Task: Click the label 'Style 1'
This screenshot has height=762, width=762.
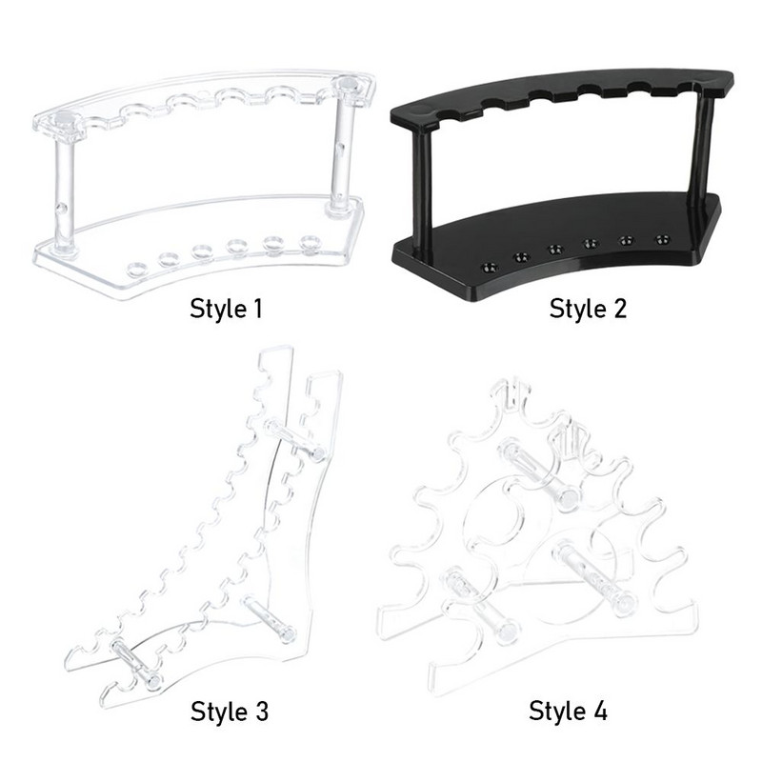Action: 226,309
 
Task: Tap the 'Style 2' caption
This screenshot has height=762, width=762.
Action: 588,309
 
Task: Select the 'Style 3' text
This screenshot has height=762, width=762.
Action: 230,712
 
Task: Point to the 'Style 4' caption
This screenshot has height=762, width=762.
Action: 568,711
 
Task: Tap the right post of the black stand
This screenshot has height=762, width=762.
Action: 701,145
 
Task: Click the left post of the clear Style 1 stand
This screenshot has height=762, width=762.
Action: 65,192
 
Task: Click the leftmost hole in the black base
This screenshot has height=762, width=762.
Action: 489,268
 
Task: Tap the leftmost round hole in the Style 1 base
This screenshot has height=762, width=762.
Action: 137,269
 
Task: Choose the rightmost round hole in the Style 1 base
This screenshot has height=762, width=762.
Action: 311,242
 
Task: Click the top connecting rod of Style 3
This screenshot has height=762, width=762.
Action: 295,439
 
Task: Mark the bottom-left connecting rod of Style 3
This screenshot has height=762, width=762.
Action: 136,664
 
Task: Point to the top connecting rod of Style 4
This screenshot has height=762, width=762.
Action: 539,471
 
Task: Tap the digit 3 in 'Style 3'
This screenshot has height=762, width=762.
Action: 260,712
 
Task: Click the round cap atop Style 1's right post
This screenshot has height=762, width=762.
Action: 347,84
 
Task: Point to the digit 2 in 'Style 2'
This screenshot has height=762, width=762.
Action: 618,310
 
